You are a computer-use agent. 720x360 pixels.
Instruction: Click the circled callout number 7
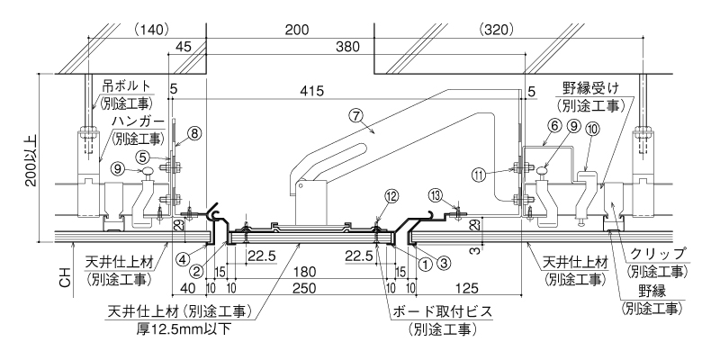tap(355, 116)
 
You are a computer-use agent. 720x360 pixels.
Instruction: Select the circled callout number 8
tap(193, 133)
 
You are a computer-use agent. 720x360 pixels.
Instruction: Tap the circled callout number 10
tap(593, 129)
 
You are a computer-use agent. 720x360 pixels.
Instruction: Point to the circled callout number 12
tap(391, 196)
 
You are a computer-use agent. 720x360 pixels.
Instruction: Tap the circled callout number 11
tap(480, 174)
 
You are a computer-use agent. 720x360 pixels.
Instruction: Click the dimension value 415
tap(311, 91)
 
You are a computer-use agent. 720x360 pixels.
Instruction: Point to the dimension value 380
tap(347, 47)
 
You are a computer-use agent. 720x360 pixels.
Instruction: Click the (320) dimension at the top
tap(496, 31)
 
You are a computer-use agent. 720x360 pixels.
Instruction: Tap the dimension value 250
tap(303, 288)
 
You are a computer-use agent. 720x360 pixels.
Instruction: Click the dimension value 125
tap(467, 288)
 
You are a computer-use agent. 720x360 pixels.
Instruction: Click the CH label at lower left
tap(66, 278)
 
